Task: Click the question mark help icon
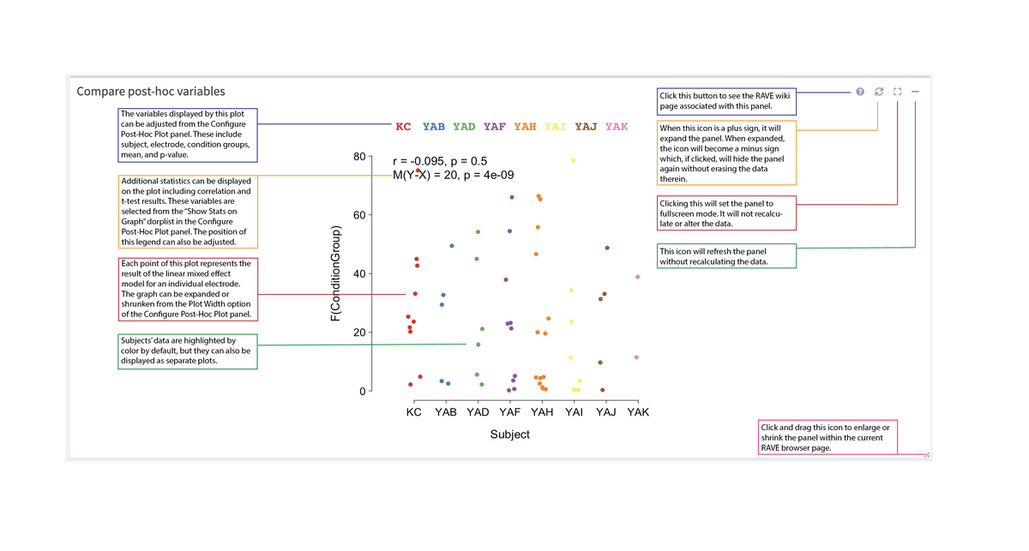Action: (x=860, y=92)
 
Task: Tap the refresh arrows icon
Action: (x=878, y=92)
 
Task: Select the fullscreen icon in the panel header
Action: (x=897, y=92)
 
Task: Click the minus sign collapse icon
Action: (x=916, y=92)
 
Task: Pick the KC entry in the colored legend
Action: (x=403, y=127)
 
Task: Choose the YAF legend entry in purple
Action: (x=495, y=127)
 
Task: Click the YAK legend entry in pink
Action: (x=617, y=127)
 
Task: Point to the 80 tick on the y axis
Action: (x=358, y=157)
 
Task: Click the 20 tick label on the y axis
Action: (x=358, y=332)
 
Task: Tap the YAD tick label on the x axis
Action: (x=478, y=412)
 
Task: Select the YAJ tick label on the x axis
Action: (x=605, y=412)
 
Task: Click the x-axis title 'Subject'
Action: (x=510, y=434)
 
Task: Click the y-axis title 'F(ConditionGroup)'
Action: (x=337, y=274)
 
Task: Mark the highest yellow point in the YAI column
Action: (x=573, y=160)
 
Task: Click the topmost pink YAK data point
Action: (x=637, y=277)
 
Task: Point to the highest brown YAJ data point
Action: (x=607, y=248)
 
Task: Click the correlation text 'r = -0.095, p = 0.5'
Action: (x=440, y=161)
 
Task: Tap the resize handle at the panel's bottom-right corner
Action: (x=927, y=455)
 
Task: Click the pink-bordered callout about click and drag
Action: (x=827, y=437)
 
